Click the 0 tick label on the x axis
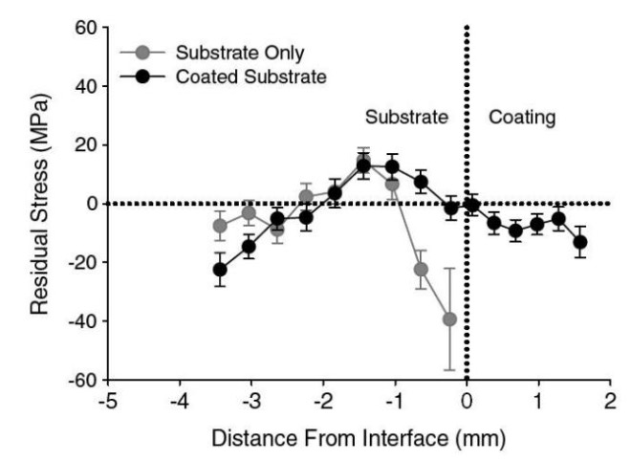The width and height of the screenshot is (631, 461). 467,402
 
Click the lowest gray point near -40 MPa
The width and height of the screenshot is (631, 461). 448,318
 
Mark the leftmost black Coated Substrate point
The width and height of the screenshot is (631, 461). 220,270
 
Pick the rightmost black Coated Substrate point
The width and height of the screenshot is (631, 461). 580,242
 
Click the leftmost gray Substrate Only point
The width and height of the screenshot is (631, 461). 220,226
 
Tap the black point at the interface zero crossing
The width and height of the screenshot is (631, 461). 472,205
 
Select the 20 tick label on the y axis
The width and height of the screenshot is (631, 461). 85,145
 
